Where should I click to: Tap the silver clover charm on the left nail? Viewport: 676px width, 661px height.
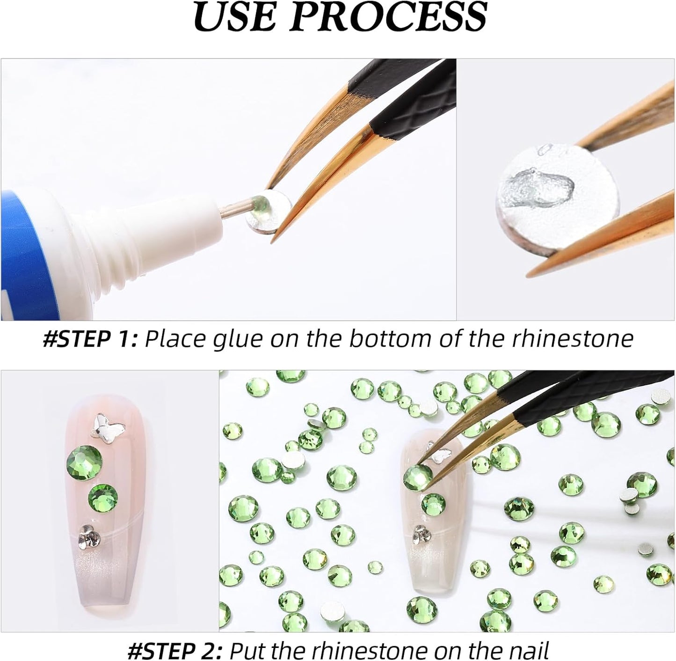tap(88, 535)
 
